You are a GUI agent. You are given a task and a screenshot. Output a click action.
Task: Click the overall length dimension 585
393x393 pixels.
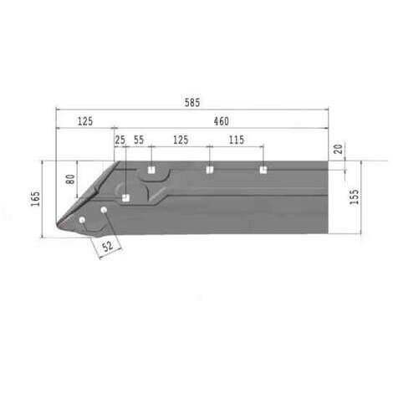click(192, 103)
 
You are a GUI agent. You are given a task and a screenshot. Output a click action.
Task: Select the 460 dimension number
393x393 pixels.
click(222, 121)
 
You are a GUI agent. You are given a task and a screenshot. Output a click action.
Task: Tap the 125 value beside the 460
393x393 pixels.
click(85, 121)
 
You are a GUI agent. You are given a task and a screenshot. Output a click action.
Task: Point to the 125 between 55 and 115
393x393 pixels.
click(181, 140)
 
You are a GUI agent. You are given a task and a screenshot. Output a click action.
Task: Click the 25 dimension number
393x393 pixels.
click(120, 140)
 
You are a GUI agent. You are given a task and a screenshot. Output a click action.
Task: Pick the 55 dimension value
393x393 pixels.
click(139, 140)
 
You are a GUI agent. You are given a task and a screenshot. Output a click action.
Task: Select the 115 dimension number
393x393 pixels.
click(237, 140)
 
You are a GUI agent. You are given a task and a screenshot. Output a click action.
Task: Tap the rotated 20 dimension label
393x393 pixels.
click(338, 149)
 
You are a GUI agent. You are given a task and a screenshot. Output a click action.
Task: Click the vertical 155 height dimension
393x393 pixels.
click(355, 197)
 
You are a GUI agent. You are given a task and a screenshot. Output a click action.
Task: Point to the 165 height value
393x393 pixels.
click(35, 199)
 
